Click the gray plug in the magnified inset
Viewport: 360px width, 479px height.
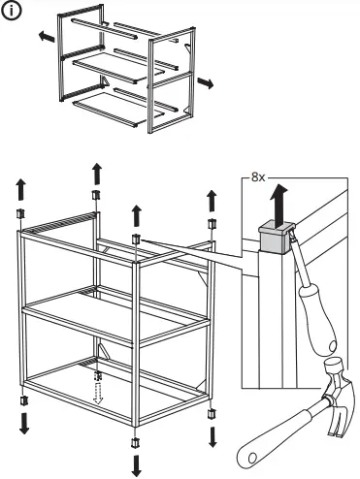[x=276, y=239]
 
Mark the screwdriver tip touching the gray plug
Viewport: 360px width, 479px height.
[x=292, y=254]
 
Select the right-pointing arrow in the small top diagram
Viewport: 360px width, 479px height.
[x=206, y=84]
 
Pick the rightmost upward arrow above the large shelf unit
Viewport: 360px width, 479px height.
[x=211, y=202]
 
